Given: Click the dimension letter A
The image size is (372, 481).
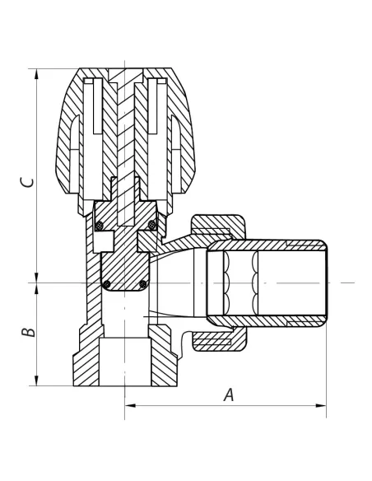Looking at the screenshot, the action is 229,395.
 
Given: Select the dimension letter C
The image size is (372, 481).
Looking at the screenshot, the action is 27,182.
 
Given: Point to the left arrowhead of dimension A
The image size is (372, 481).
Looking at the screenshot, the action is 131,405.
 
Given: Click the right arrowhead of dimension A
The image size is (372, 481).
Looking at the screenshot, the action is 320,405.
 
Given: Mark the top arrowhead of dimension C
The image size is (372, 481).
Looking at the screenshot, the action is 37,74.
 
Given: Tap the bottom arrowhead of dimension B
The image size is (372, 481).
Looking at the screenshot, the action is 37,380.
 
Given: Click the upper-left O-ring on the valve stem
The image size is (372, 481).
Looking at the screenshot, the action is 99,226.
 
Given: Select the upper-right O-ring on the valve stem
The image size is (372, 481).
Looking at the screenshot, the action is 151,225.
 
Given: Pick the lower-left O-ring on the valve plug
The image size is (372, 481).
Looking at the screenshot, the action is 107,284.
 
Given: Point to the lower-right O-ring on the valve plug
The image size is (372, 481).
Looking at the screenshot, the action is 143,284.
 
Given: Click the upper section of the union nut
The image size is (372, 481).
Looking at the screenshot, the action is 217,226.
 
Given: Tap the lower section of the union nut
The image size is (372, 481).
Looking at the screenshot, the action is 219,339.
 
